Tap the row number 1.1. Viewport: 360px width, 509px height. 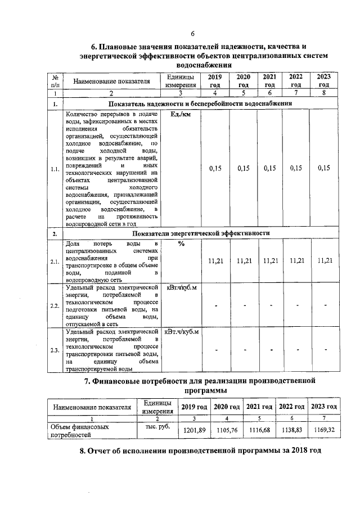coord(55,168)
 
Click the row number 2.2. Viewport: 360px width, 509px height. coord(55,305)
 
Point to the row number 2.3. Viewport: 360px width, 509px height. coord(55,350)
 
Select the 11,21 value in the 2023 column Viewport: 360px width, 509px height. coord(325,260)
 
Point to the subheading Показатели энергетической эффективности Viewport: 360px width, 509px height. coord(201,233)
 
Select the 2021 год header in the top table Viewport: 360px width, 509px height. coord(269,81)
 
